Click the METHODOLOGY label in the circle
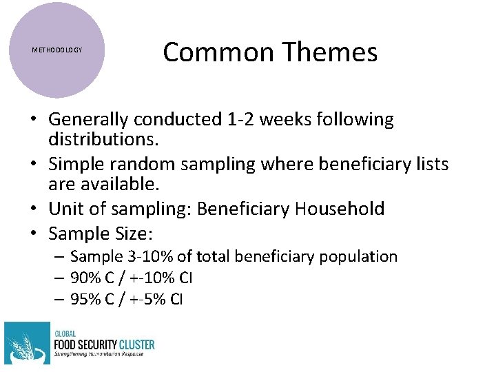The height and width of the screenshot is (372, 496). [57, 50]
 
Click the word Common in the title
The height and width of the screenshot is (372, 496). [209, 52]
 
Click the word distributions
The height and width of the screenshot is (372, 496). [103, 141]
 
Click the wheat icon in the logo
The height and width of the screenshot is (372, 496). [26, 343]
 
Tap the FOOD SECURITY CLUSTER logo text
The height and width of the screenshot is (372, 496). [103, 344]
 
